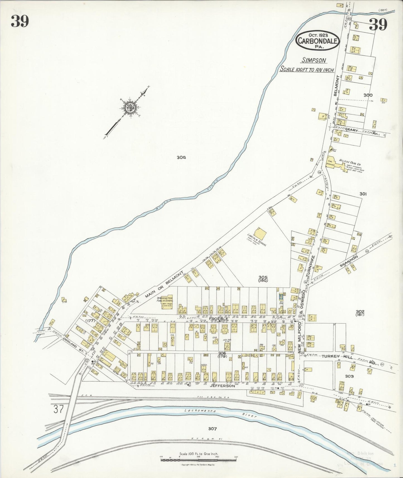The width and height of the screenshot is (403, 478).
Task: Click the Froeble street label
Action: (x=219, y=318)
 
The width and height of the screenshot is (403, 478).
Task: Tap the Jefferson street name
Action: (x=222, y=386)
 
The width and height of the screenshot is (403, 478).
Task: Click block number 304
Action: (x=181, y=157)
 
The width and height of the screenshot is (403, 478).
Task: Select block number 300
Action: (x=368, y=95)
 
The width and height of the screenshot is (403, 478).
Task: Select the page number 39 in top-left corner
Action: (x=20, y=21)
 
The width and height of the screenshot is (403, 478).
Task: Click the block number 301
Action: (x=363, y=194)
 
